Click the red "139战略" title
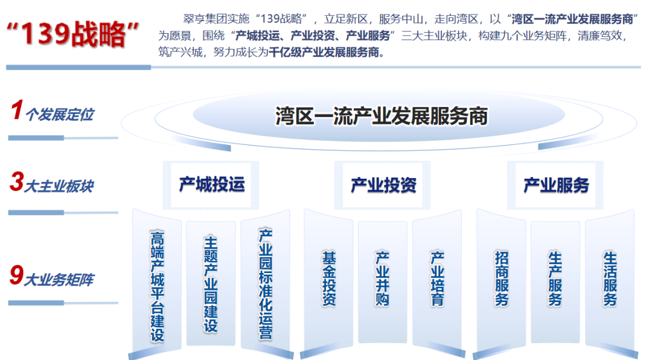pos(73,34)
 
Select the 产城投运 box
pos(211,185)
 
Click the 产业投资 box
pos(383,185)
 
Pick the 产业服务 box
pos(555,185)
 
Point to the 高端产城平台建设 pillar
pos(157,283)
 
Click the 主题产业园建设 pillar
pos(211,283)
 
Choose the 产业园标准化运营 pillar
pos(265,283)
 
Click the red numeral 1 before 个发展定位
pos(17,111)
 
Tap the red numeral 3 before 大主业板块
pos(17,182)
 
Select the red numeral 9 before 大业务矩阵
pos(17,275)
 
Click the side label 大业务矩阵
pos(59,280)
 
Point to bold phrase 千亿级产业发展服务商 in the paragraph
pos(324,53)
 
